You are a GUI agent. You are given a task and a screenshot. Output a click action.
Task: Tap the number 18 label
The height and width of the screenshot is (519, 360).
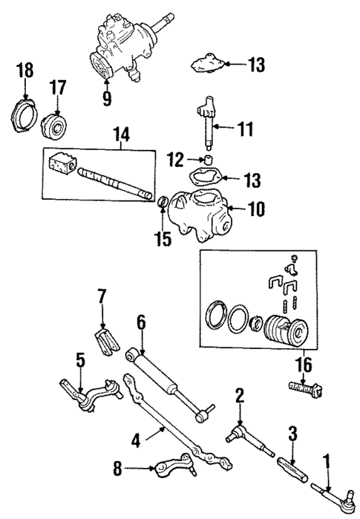24,71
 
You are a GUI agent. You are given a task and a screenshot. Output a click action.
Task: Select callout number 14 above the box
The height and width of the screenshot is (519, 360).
121,134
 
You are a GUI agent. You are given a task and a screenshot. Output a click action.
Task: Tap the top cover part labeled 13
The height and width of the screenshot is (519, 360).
208,64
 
